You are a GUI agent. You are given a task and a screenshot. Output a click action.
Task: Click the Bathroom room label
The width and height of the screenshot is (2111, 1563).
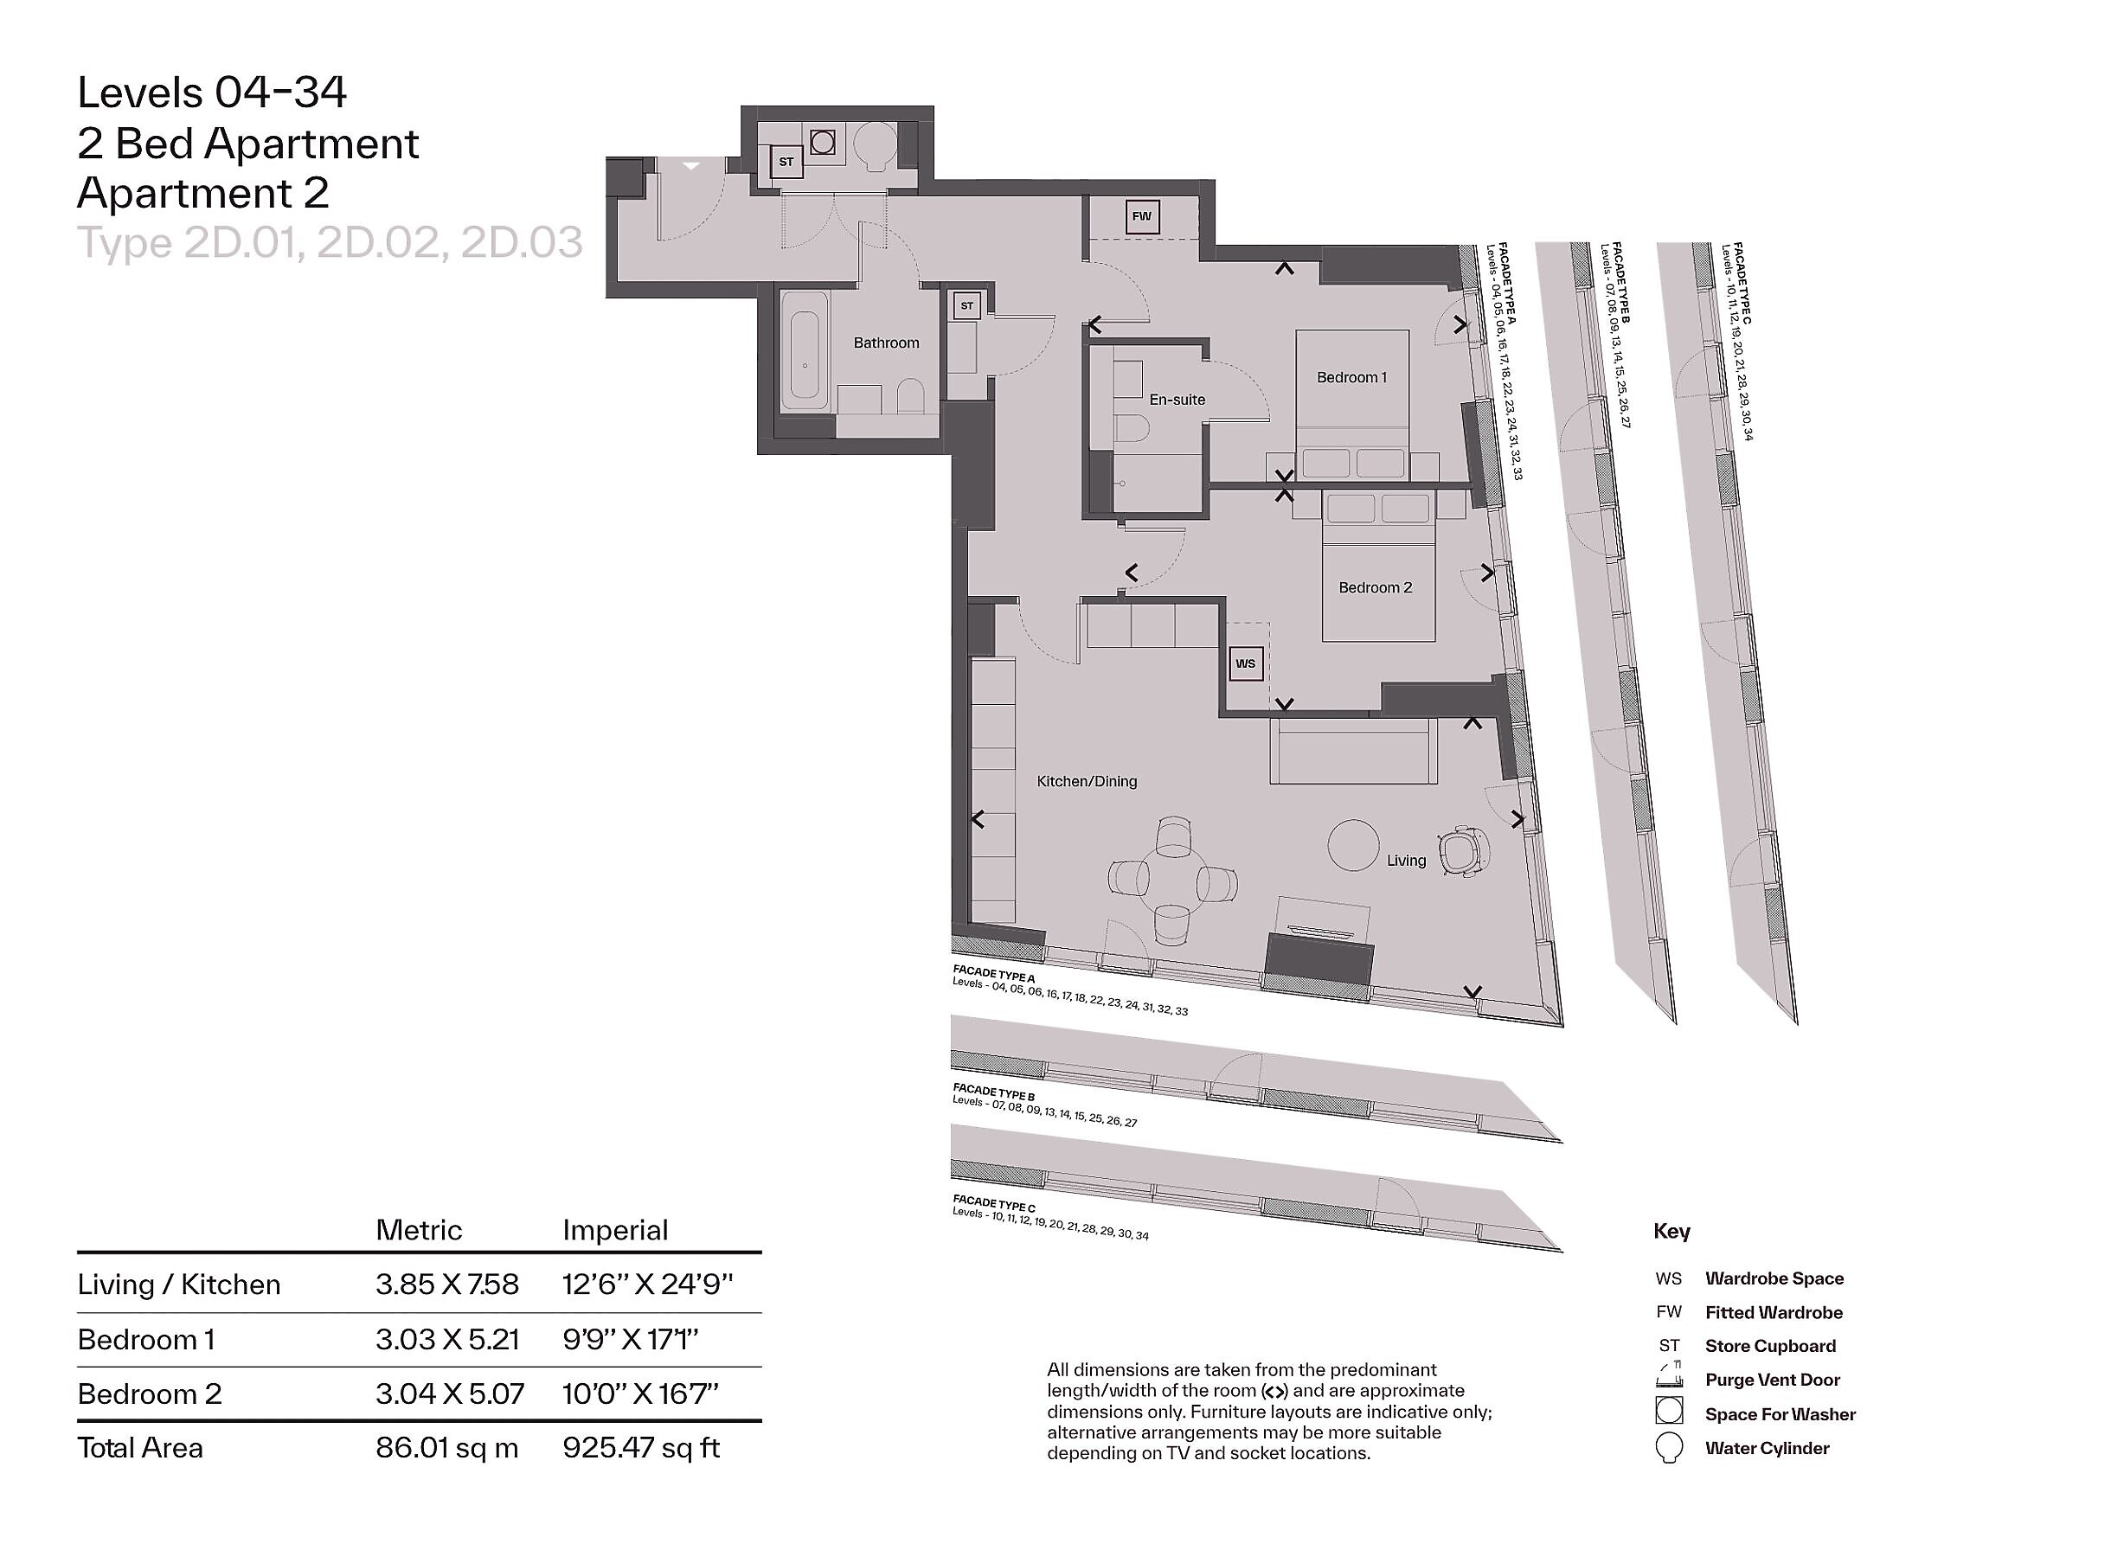(886, 343)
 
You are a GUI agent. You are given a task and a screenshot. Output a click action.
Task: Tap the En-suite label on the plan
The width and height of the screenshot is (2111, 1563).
(1177, 400)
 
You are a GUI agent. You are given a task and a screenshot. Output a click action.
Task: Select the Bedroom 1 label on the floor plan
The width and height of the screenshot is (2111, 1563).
(1351, 377)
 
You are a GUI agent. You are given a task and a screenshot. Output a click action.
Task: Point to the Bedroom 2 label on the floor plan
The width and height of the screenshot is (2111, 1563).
(1375, 587)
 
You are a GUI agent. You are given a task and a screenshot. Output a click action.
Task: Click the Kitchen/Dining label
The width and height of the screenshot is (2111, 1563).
(1087, 782)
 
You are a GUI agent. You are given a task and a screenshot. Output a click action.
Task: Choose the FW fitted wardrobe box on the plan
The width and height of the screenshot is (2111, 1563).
(1141, 215)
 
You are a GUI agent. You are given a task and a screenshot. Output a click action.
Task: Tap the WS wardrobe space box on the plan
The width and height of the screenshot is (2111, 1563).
(1245, 663)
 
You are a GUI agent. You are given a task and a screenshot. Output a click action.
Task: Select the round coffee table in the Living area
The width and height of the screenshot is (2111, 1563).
(1353, 845)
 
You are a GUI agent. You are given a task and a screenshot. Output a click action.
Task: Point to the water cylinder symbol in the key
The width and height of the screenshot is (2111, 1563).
(1669, 1450)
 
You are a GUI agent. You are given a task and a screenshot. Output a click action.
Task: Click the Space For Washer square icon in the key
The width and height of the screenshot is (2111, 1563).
(1669, 1411)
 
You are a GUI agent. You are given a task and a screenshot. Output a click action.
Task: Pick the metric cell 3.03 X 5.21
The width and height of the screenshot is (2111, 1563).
(446, 1339)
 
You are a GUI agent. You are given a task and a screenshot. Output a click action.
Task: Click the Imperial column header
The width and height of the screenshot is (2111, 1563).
(615, 1230)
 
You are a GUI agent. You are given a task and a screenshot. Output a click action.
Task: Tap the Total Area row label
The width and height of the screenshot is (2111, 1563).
(140, 1448)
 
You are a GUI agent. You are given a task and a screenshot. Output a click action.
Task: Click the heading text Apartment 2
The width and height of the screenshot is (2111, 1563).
(202, 193)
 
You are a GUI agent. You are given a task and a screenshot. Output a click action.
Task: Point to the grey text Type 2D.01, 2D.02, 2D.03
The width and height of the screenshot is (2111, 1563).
(330, 243)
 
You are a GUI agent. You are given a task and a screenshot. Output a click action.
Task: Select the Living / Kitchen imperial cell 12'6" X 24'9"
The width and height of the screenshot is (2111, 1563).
(647, 1284)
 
